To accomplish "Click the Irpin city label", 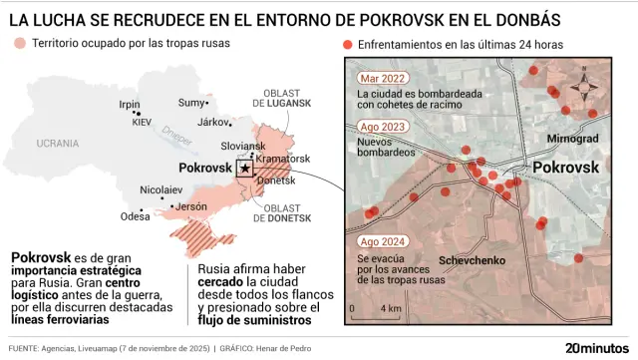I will (x=130, y=104).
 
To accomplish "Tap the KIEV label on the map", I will (x=142, y=122).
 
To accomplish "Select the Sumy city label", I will (x=190, y=103).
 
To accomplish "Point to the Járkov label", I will (x=214, y=122).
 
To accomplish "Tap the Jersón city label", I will (x=190, y=206).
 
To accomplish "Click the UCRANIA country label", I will (x=58, y=144).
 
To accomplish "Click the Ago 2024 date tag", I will (x=382, y=242).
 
